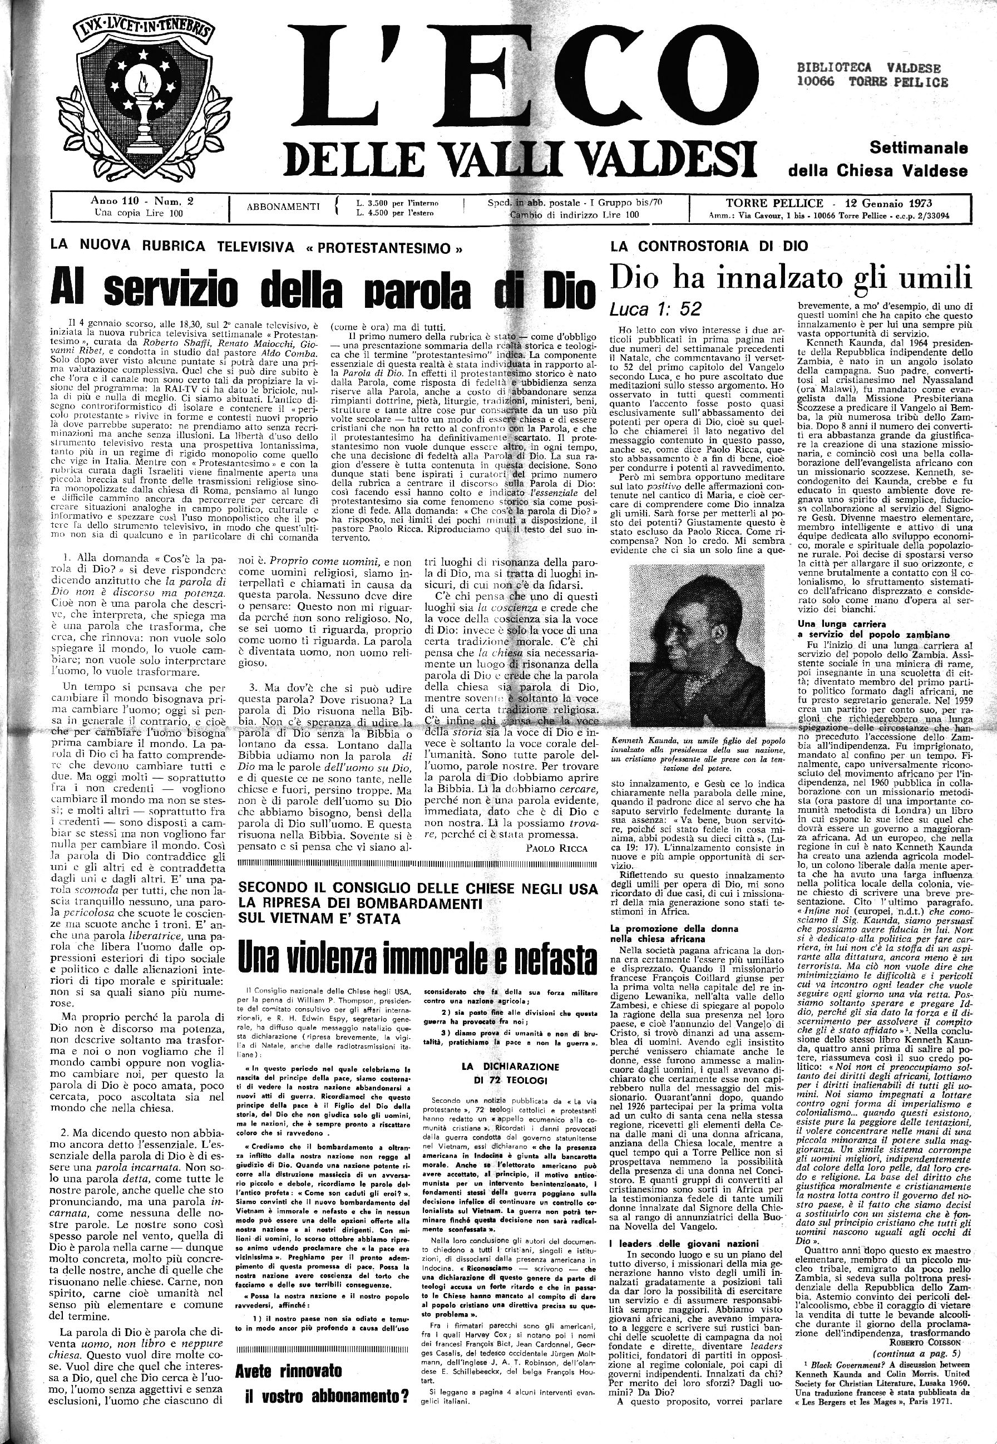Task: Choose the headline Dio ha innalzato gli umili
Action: point(791,277)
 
